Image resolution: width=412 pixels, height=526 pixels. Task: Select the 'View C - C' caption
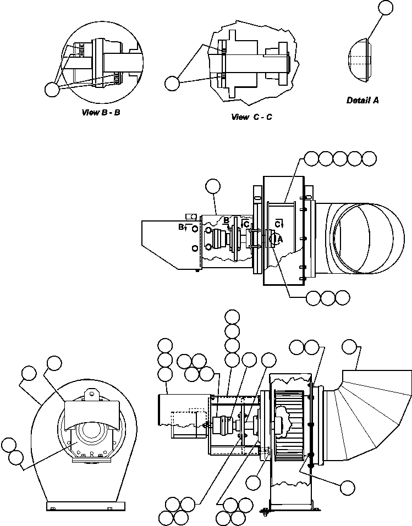pyautogui.click(x=251, y=117)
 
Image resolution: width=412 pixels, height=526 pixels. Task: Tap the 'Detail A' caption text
pyautogui.click(x=362, y=100)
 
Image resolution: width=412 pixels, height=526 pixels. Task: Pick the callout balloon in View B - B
pyautogui.click(x=52, y=89)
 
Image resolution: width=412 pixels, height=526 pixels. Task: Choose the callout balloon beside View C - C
pyautogui.click(x=172, y=82)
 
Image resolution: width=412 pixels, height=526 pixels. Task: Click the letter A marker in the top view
pyautogui.click(x=280, y=239)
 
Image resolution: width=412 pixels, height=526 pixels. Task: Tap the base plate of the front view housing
pyautogui.click(x=85, y=506)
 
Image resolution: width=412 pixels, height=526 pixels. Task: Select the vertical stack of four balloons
pyautogui.click(x=232, y=338)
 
